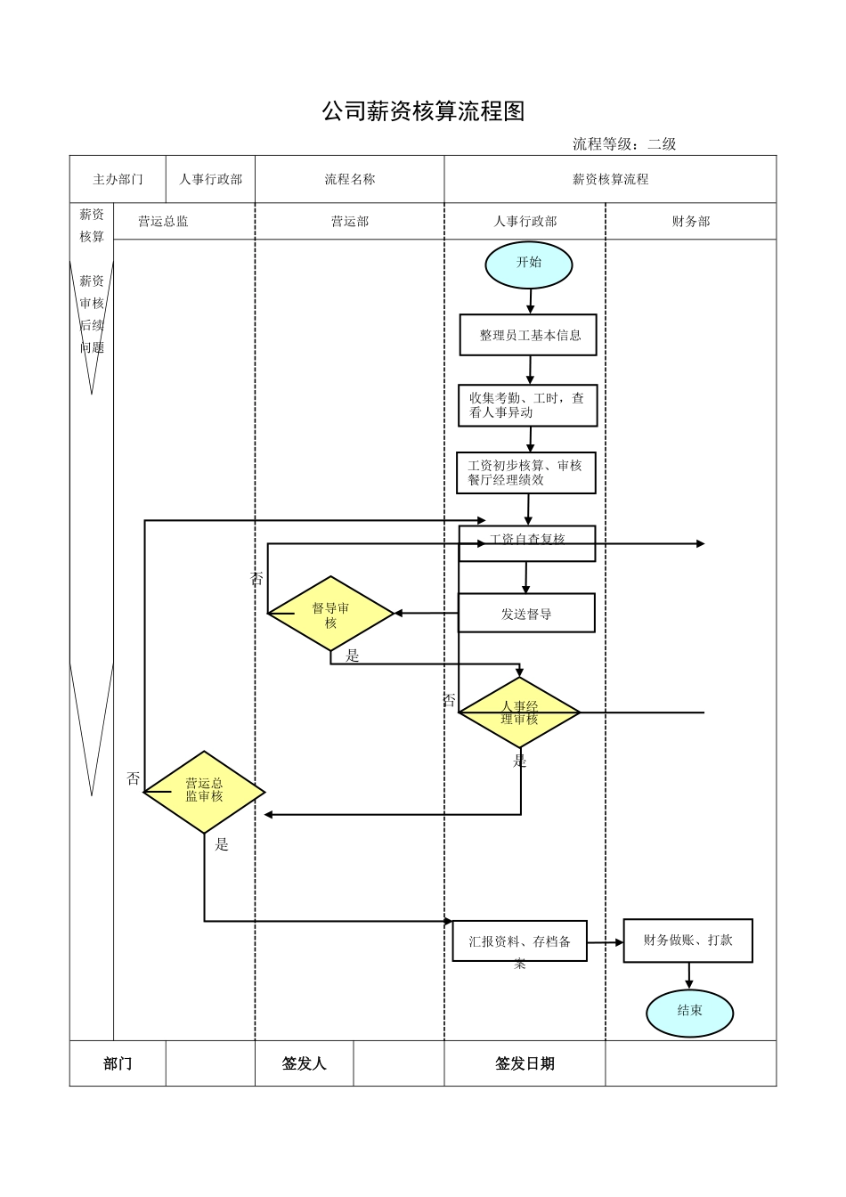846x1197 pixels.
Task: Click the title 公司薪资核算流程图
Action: tap(423, 111)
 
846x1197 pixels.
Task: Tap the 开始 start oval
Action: tap(529, 264)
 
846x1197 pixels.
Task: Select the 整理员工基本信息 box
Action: tap(528, 335)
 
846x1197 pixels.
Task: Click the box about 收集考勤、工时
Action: tap(528, 405)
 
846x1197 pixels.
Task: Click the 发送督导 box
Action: tap(526, 614)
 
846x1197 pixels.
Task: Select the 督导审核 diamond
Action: tap(330, 614)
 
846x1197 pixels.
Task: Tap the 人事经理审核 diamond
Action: tap(519, 712)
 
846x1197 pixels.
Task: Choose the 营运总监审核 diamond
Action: tap(204, 791)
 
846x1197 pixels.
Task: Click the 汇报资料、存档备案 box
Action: tap(520, 941)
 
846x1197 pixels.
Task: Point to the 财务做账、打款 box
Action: tap(687, 940)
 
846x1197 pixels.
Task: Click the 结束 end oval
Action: tap(690, 1012)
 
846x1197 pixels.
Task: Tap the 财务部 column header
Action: tap(691, 222)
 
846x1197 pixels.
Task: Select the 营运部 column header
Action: tap(350, 222)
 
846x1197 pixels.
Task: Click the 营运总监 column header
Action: tap(163, 222)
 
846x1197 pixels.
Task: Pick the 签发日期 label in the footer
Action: tap(525, 1063)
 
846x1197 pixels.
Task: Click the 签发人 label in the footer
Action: tap(304, 1063)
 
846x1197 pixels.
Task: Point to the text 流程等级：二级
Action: tap(624, 143)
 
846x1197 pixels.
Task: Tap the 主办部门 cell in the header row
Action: tap(118, 179)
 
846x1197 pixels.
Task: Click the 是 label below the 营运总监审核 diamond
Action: tap(222, 844)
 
